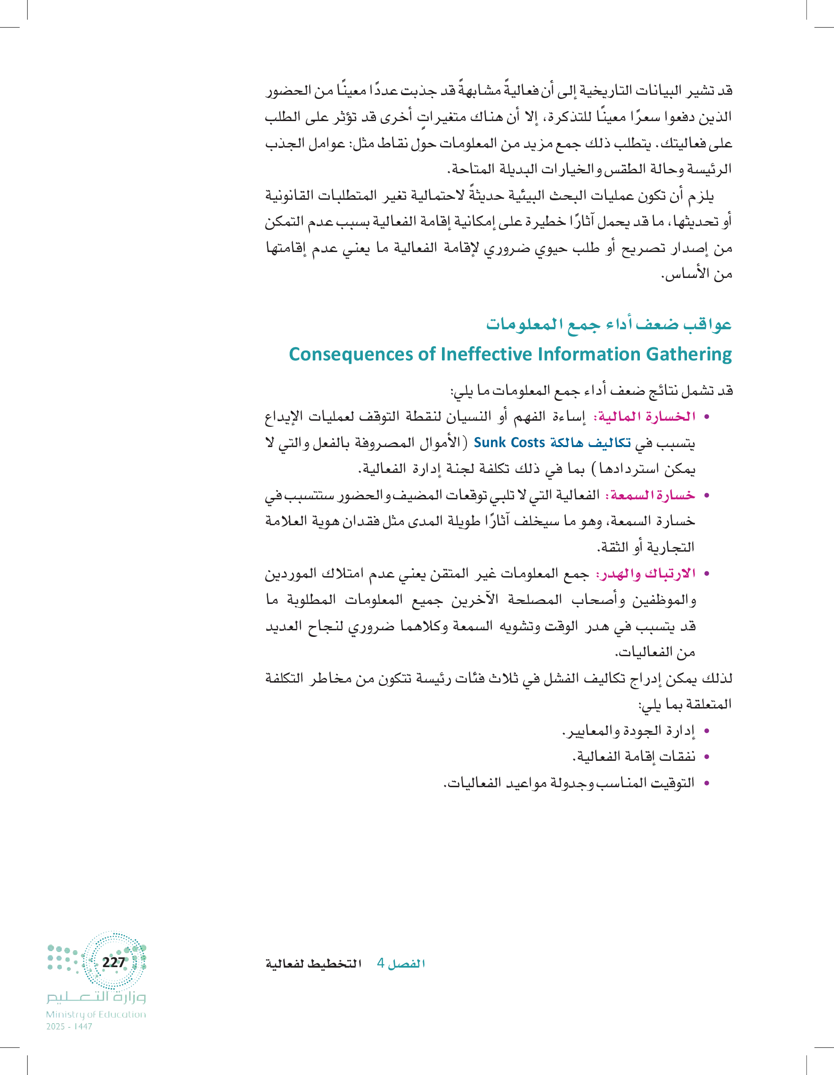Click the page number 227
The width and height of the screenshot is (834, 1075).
point(113,962)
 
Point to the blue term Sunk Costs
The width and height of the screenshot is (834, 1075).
point(509,442)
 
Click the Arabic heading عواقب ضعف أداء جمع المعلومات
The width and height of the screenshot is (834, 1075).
point(608,325)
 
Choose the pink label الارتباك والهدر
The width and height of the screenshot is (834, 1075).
point(646,573)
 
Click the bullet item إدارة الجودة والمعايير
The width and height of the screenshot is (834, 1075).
point(629,731)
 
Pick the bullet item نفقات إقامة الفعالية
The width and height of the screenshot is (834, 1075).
point(634,757)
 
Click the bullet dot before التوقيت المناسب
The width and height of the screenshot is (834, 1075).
point(707,783)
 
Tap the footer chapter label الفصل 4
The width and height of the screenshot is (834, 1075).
point(401,963)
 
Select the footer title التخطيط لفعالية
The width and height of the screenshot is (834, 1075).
point(314,963)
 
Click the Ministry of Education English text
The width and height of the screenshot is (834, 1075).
point(96,1014)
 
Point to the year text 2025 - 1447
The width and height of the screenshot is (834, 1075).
point(69,1027)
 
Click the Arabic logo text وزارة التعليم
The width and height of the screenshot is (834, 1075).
point(96,997)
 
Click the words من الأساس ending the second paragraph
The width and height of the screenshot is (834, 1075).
point(696,274)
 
